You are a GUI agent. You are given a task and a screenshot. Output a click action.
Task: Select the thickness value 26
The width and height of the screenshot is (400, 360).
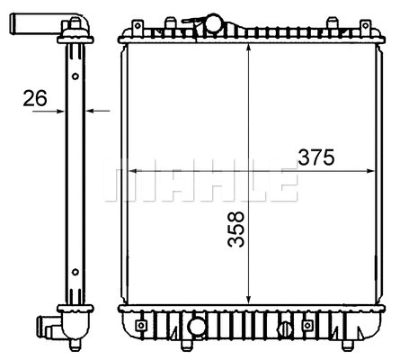point(35,98)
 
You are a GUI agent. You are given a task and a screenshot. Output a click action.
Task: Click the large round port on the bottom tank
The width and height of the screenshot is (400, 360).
point(195,325)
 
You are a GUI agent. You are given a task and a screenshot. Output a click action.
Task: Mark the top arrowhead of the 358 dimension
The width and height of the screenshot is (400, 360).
point(248,45)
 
